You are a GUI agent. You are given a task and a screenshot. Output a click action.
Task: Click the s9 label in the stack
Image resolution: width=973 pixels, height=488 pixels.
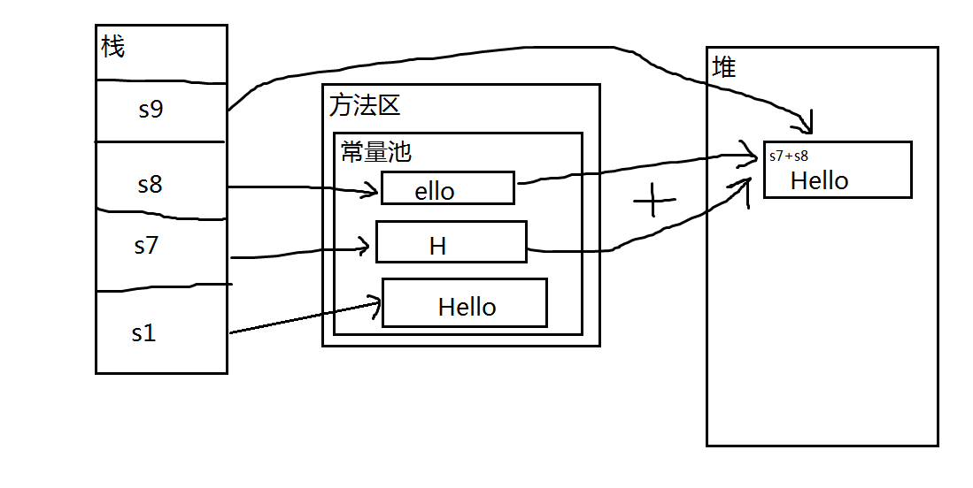[151, 110]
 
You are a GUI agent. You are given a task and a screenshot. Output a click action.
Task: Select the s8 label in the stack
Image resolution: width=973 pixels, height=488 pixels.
[151, 185]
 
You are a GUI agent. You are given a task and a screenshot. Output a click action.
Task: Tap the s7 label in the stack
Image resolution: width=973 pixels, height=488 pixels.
[146, 245]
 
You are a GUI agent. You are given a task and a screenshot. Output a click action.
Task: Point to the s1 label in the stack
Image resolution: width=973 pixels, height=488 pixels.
[143, 333]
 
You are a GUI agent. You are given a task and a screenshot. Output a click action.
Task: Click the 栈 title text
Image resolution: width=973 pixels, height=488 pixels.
[113, 47]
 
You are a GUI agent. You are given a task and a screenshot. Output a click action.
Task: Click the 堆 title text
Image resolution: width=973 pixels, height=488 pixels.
[724, 66]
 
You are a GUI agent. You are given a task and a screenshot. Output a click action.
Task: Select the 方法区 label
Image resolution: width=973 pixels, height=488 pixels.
[365, 105]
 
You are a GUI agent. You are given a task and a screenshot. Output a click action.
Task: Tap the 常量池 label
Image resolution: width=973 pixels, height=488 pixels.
[376, 152]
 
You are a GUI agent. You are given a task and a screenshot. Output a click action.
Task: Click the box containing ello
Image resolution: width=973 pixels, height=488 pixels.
[448, 188]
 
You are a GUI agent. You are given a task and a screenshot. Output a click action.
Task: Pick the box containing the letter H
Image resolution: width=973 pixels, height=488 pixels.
[451, 242]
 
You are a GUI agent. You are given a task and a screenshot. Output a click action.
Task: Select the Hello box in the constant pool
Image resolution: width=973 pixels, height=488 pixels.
[464, 302]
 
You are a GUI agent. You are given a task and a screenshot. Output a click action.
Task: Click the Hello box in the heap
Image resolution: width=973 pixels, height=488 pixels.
[837, 170]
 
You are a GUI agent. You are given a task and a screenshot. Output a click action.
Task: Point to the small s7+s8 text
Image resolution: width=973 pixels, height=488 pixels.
[788, 156]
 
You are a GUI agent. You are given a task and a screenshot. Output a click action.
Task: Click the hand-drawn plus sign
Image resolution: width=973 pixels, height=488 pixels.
[654, 202]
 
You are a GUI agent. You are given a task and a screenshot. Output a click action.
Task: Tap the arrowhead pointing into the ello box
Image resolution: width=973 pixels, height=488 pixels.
[373, 190]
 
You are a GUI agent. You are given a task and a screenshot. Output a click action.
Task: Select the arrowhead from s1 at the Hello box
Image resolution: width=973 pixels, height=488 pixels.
[375, 305]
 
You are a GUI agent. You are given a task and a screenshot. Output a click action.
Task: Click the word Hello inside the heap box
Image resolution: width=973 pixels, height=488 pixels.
[819, 180]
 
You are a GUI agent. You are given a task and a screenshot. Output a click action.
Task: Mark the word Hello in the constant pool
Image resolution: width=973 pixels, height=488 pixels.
[467, 308]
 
